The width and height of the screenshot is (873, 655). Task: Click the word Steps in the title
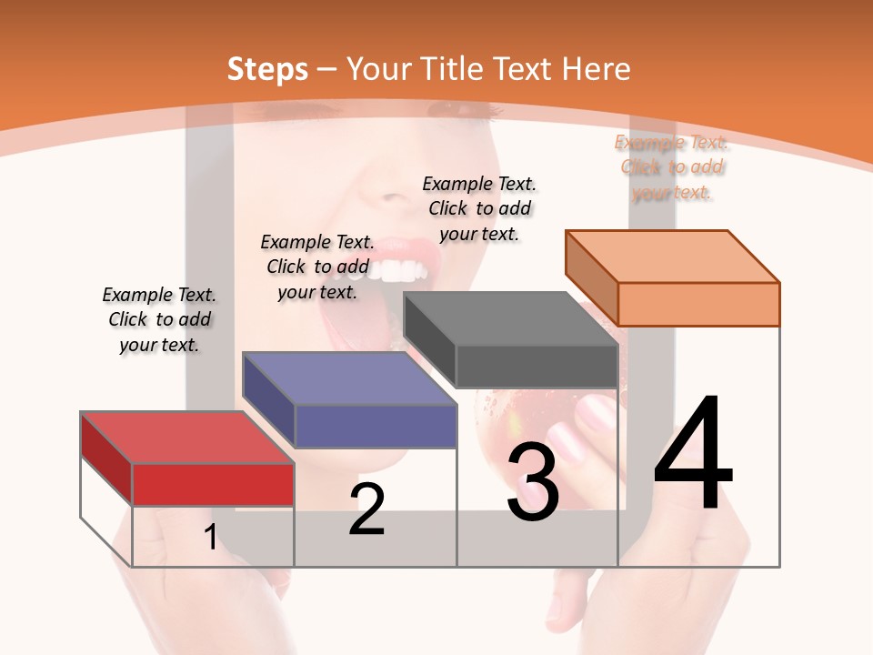(267, 69)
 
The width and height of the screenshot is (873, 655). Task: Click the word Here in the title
(597, 69)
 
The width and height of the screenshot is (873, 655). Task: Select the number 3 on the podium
(533, 482)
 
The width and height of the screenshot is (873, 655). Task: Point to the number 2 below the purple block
(366, 509)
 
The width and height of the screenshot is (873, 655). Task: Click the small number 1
(210, 537)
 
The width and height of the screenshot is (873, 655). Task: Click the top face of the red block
(186, 438)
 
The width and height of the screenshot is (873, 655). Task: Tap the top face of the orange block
(672, 256)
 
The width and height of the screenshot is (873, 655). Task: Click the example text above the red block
(159, 319)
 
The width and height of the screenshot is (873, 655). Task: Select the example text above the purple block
(317, 267)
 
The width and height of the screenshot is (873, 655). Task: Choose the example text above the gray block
(479, 208)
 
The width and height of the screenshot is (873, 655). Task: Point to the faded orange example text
(671, 166)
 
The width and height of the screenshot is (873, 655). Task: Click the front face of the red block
(213, 484)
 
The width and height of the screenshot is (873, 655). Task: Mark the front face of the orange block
(698, 304)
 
